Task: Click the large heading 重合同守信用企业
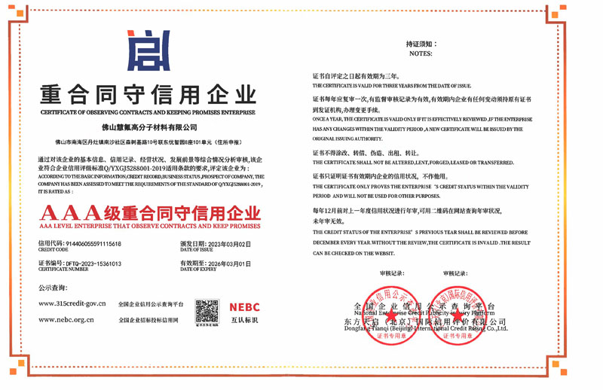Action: pos(148,95)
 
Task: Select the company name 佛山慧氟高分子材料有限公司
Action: pos(148,127)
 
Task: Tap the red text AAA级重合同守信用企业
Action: pos(148,212)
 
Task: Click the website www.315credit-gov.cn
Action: pos(72,303)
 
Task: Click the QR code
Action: pos(207,311)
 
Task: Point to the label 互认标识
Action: pos(244,321)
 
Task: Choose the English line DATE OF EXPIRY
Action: pos(199,270)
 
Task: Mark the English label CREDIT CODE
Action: pos(54,249)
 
